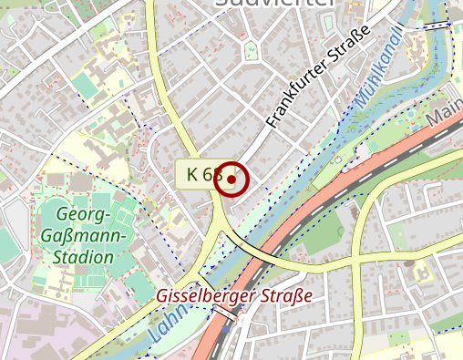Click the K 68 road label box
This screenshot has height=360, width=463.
click(200, 173)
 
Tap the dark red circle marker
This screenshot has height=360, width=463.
click(231, 180)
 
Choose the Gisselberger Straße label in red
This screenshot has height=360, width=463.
click(234, 296)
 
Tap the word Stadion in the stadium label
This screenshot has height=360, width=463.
click(83, 257)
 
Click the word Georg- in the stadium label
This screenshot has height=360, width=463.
click(83, 215)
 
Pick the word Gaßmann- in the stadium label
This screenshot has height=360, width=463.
click(84, 236)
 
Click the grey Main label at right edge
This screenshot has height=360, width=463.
click(446, 115)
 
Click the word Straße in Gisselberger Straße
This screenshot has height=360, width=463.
click(284, 296)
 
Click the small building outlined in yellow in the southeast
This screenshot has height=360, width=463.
click(422, 271)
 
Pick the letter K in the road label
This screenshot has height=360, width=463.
click(191, 173)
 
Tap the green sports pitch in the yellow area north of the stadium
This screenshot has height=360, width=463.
click(84, 86)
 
